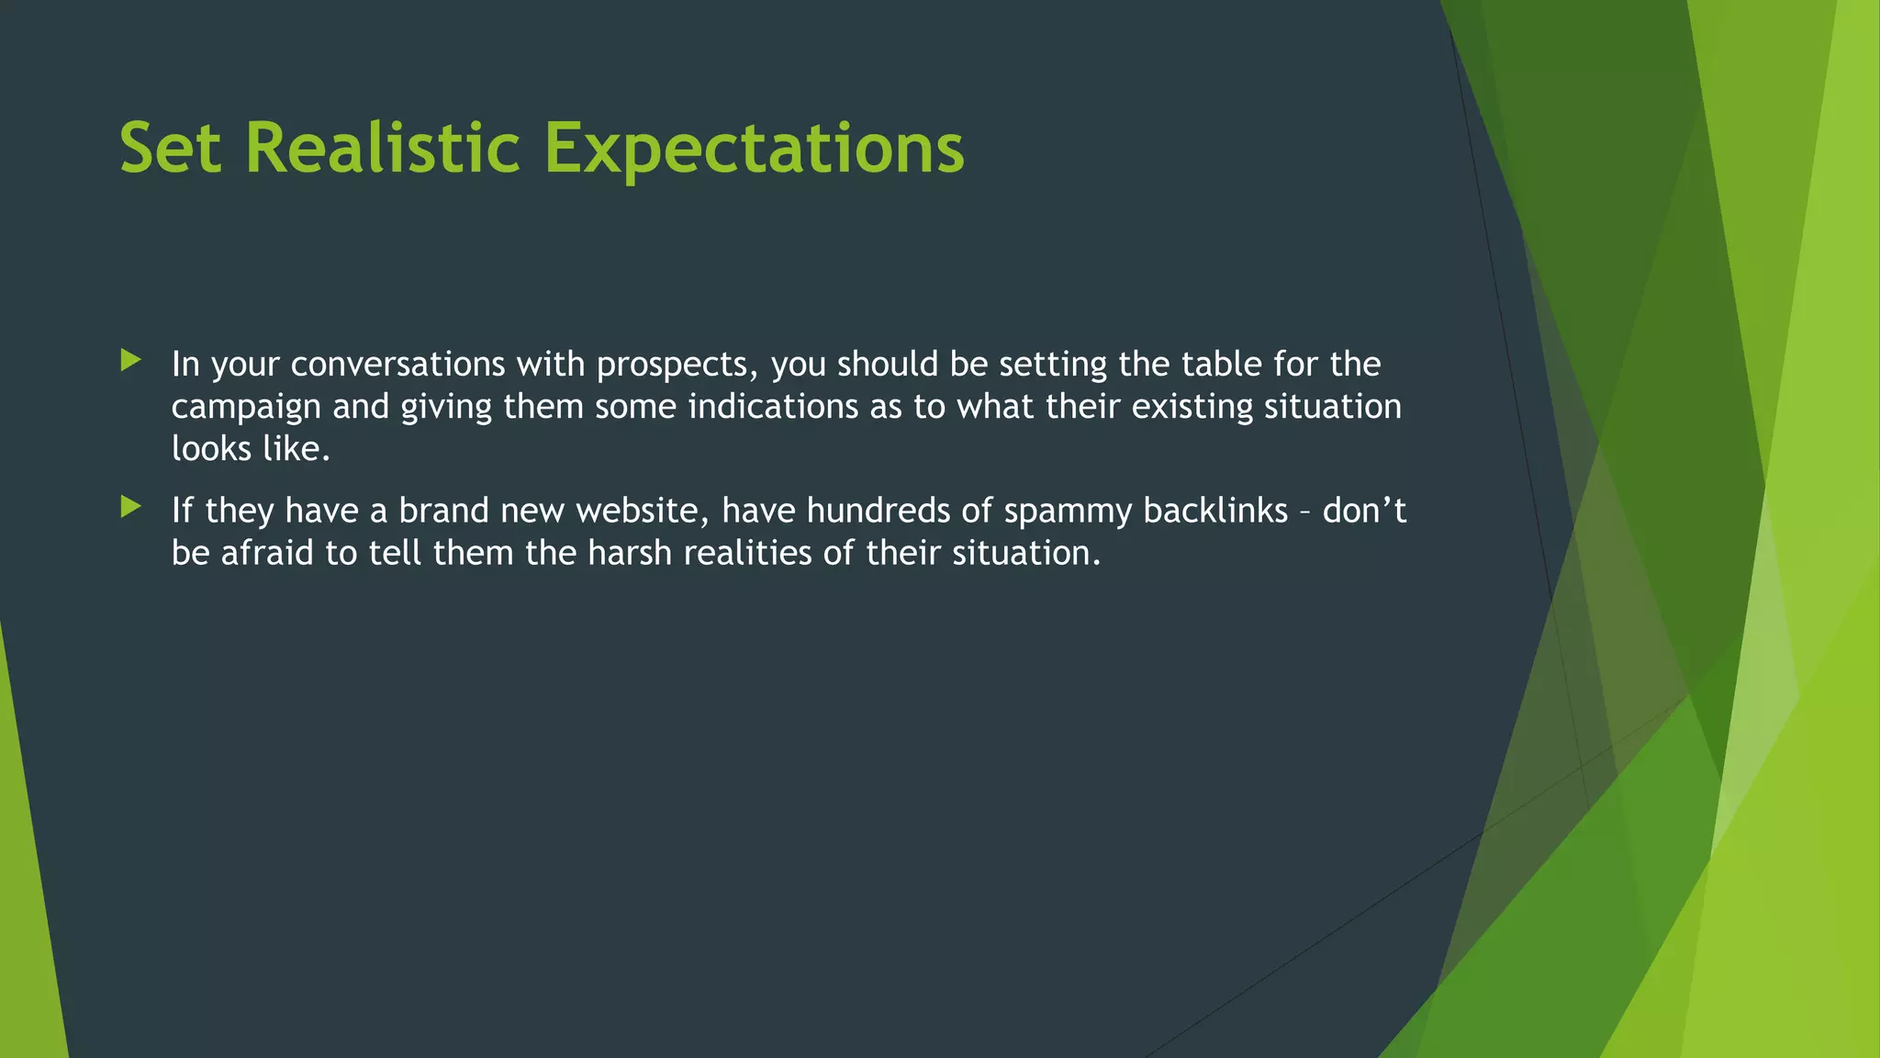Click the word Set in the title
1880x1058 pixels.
point(171,148)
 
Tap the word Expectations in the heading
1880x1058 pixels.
point(754,150)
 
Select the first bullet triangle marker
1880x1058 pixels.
point(130,360)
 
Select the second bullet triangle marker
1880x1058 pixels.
point(130,506)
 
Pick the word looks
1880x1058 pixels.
point(211,449)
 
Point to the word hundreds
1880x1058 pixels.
point(878,511)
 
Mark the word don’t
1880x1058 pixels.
point(1364,511)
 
